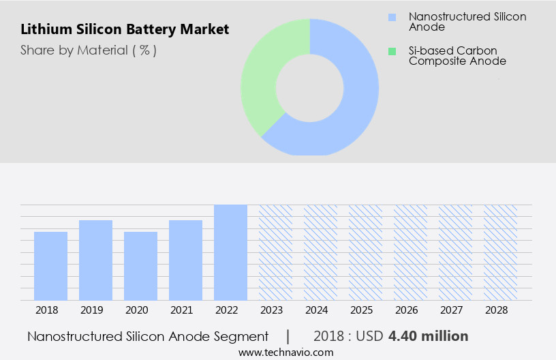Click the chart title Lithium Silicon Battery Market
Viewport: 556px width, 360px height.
coord(125,29)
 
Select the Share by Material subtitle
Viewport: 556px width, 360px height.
coord(89,50)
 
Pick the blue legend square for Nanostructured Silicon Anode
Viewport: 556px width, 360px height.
coord(391,16)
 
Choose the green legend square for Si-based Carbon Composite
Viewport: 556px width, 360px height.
coord(391,51)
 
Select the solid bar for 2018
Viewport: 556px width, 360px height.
coord(50,266)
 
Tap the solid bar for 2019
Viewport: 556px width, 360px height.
coord(95,260)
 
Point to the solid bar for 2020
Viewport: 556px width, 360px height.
coord(140,266)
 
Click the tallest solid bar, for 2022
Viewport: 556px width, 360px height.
coord(230,252)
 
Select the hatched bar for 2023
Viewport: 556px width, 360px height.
coord(275,252)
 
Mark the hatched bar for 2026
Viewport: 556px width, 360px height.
coord(410,252)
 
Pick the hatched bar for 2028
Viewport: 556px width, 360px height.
coord(500,252)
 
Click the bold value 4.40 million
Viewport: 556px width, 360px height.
coord(428,336)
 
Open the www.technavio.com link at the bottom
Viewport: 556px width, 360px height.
coord(285,352)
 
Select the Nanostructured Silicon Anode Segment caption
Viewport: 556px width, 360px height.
coord(148,336)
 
